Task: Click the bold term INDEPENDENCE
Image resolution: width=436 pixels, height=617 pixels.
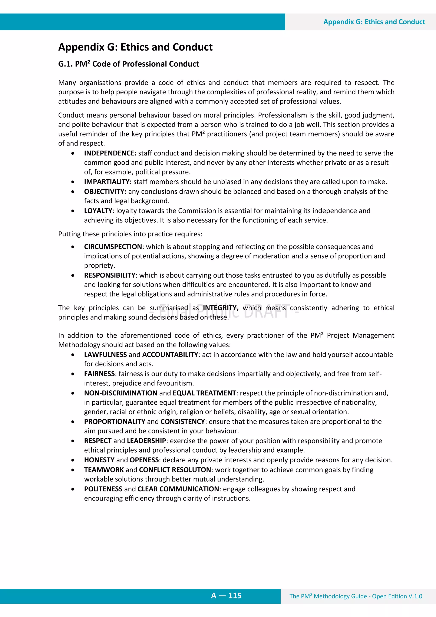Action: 110,153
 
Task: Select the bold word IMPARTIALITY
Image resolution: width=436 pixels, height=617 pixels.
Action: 108,182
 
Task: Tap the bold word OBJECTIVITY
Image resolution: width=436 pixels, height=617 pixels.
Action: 105,192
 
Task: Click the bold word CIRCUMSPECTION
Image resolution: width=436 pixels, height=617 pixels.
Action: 113,247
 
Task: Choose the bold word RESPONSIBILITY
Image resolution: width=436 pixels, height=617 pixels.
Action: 110,275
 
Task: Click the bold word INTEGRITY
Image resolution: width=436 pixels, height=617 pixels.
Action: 219,308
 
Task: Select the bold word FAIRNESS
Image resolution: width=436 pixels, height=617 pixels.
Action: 99,374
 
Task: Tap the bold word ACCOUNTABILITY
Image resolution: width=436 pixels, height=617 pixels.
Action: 170,355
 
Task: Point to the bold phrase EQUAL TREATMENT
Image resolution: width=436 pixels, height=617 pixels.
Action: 204,393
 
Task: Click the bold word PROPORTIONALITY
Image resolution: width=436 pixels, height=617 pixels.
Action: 115,422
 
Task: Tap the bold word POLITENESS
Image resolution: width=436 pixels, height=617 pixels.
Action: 103,489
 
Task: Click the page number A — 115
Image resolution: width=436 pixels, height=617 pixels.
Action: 226,595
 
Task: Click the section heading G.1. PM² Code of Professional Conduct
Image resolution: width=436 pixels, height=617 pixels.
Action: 128,64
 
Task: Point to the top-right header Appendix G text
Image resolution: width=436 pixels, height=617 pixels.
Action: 374,22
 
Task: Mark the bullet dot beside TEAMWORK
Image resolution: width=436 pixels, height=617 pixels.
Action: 73,470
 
